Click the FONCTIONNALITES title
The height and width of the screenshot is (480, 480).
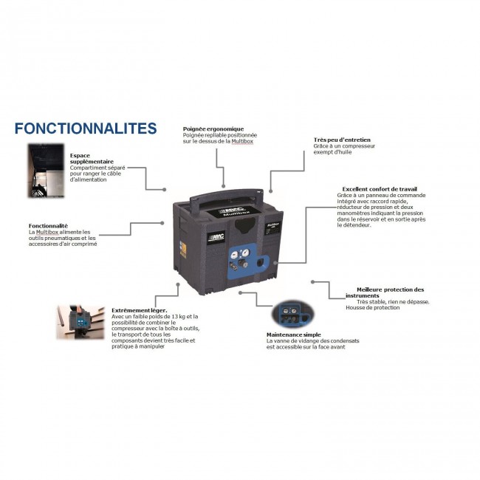[86, 128]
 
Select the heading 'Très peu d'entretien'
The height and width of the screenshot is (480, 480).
[342, 139]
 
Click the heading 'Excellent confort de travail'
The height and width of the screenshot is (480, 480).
[374, 188]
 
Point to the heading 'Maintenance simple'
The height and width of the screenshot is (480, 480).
[292, 334]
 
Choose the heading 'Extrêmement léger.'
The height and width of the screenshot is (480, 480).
[139, 310]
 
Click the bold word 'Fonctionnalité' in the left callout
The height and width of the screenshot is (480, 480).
[48, 225]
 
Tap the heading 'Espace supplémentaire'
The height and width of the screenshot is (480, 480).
[92, 160]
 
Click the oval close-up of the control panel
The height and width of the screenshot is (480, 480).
[294, 314]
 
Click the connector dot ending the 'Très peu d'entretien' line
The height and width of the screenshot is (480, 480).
[271, 189]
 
